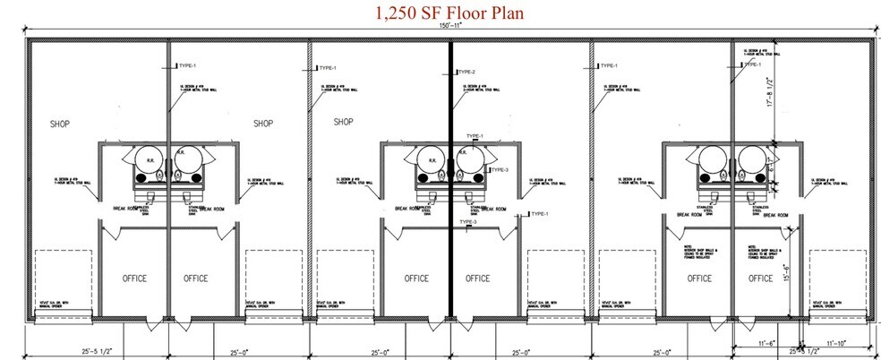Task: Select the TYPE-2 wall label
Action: pyautogui.click(x=466, y=73)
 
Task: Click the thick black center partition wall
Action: pyautogui.click(x=449, y=179)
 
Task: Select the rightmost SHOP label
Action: pyautogui.click(x=345, y=122)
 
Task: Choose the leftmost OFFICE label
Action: pyautogui.click(x=134, y=279)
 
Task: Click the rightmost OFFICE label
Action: pyautogui.click(x=761, y=279)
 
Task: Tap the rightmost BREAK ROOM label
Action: pyautogui.click(x=771, y=216)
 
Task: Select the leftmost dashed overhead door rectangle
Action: pyautogui.click(x=61, y=279)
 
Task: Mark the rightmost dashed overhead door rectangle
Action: pyautogui.click(x=835, y=279)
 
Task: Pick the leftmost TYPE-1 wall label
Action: pyautogui.click(x=187, y=66)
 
